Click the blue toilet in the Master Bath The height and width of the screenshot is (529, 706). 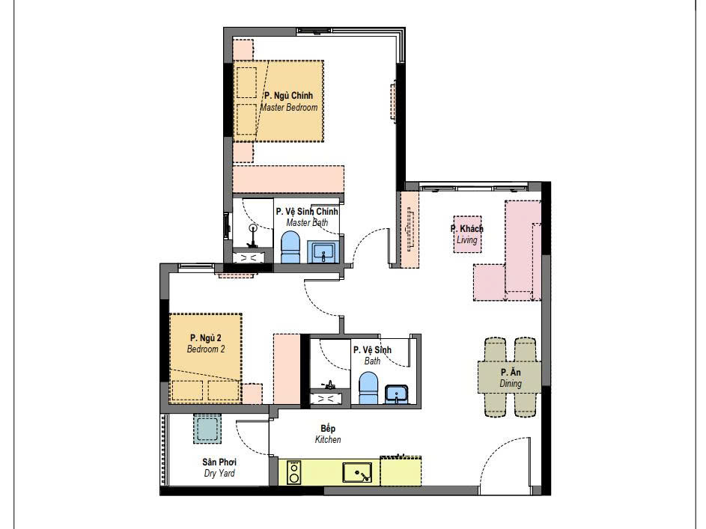pyautogui.click(x=290, y=248)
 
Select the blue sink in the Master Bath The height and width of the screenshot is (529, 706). pyautogui.click(x=323, y=252)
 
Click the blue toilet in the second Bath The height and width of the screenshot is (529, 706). pyautogui.click(x=369, y=388)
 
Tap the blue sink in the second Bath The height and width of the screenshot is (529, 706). pyautogui.click(x=396, y=394)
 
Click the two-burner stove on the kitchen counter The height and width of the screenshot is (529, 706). pyautogui.click(x=294, y=472)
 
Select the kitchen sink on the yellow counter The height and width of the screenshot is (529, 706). pyautogui.click(x=357, y=473)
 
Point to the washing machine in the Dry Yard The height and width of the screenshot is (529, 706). pyautogui.click(x=207, y=429)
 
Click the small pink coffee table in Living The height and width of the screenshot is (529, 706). pyautogui.click(x=467, y=234)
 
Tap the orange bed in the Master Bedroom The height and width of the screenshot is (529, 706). pyautogui.click(x=279, y=101)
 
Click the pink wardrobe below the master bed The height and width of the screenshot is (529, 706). pyautogui.click(x=288, y=180)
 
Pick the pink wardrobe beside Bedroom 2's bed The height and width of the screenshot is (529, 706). pyautogui.click(x=287, y=369)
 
